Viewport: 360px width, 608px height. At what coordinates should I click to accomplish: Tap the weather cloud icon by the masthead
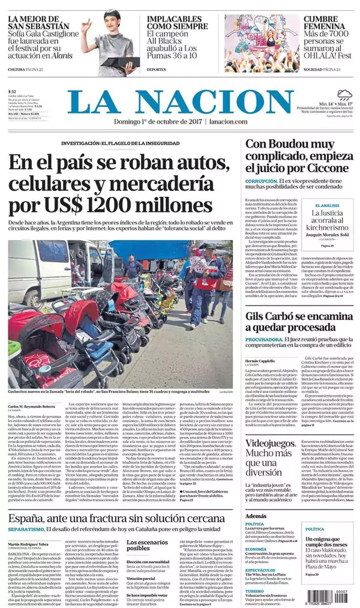[x=344, y=94]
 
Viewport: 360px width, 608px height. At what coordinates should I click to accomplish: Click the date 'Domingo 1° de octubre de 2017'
[x=157, y=122]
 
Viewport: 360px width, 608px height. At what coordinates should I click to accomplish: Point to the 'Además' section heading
[x=256, y=516]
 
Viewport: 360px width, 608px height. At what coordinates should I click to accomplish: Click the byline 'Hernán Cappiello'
[x=259, y=361]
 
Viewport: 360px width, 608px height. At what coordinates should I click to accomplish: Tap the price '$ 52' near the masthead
[x=13, y=92]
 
